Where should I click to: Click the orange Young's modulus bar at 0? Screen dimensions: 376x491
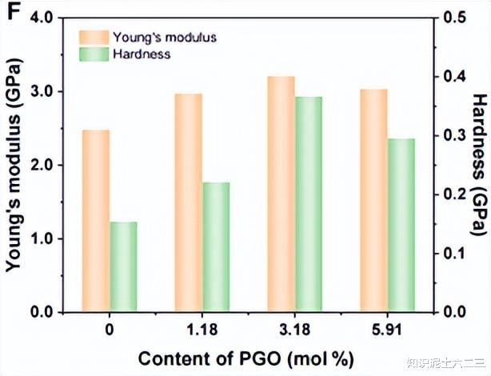point(96,220)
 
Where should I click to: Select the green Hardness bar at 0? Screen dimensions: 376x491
point(124,266)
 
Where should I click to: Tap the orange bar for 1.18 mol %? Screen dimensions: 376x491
point(189,202)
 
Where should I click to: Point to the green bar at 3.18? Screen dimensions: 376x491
point(309,204)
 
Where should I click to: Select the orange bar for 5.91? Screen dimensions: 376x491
point(373,200)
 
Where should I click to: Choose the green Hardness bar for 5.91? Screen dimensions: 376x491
point(401,225)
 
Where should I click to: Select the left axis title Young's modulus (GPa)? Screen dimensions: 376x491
point(14,164)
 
